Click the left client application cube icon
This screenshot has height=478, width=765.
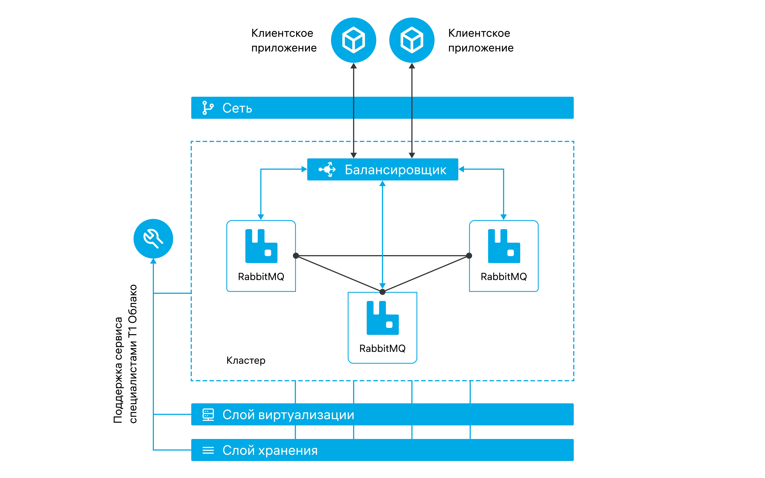[x=353, y=40]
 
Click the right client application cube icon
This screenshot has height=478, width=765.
[x=412, y=40]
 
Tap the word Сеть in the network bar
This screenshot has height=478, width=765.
[x=237, y=108]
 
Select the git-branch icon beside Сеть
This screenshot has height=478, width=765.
[x=208, y=108]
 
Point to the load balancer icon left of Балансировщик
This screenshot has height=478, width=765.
[x=327, y=170]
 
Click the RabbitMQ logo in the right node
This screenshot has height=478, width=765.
[x=504, y=246]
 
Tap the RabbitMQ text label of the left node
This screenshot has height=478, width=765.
[x=261, y=277]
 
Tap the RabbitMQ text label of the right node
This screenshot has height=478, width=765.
[x=504, y=277]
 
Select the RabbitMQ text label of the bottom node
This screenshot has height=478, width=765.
[x=382, y=348]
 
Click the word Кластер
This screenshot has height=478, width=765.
[x=246, y=360]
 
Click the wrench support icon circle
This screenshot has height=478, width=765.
[x=153, y=239]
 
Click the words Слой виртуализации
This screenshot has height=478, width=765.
[x=288, y=415]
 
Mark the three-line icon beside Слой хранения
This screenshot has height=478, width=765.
[x=208, y=450]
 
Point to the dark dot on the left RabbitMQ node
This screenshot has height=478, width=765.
[x=296, y=255]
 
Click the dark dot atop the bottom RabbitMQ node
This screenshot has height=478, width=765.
[x=382, y=292]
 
